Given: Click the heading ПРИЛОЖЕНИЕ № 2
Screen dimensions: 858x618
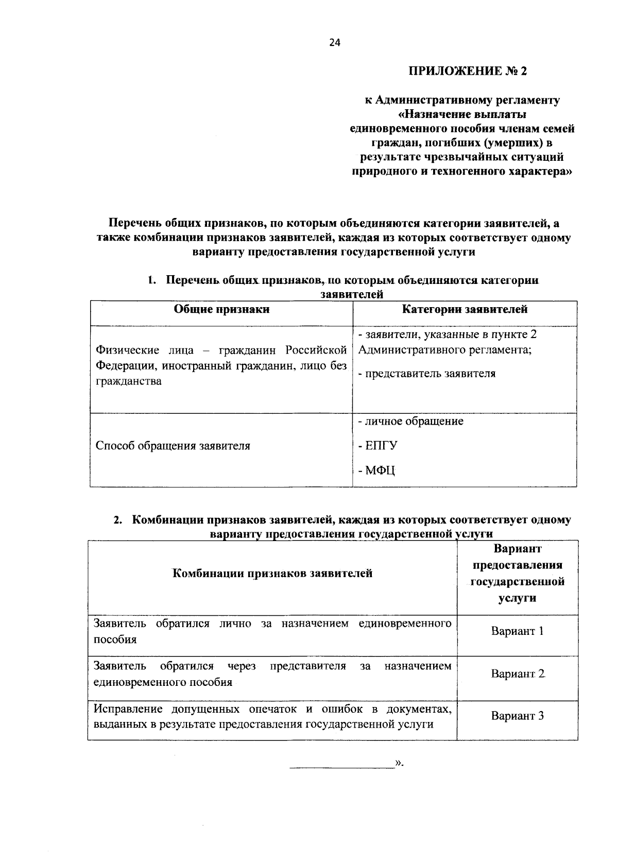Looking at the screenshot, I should point(468,71).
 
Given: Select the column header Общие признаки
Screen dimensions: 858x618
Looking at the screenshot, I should point(221,309).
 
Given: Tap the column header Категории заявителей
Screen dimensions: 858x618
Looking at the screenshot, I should point(464,309).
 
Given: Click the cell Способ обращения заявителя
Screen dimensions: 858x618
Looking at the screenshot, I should point(173,446).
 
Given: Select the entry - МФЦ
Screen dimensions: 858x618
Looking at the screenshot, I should point(376,470).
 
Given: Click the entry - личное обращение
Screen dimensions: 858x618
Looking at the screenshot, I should point(410,422).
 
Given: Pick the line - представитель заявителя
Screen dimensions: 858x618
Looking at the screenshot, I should point(426,374).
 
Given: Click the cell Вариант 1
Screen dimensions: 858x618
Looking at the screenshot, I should point(517,631).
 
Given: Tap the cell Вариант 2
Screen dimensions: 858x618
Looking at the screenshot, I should point(517,674).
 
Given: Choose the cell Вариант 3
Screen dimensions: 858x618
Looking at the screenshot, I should point(517,716).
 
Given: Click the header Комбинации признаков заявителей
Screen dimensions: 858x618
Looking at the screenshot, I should point(272,574).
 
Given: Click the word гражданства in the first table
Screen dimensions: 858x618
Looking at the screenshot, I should point(128,381).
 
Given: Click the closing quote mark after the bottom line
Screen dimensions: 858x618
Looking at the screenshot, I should point(398,763).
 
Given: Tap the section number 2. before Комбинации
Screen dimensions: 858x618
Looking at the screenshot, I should point(118,520).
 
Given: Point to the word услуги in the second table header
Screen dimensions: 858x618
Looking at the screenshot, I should point(517,598).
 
